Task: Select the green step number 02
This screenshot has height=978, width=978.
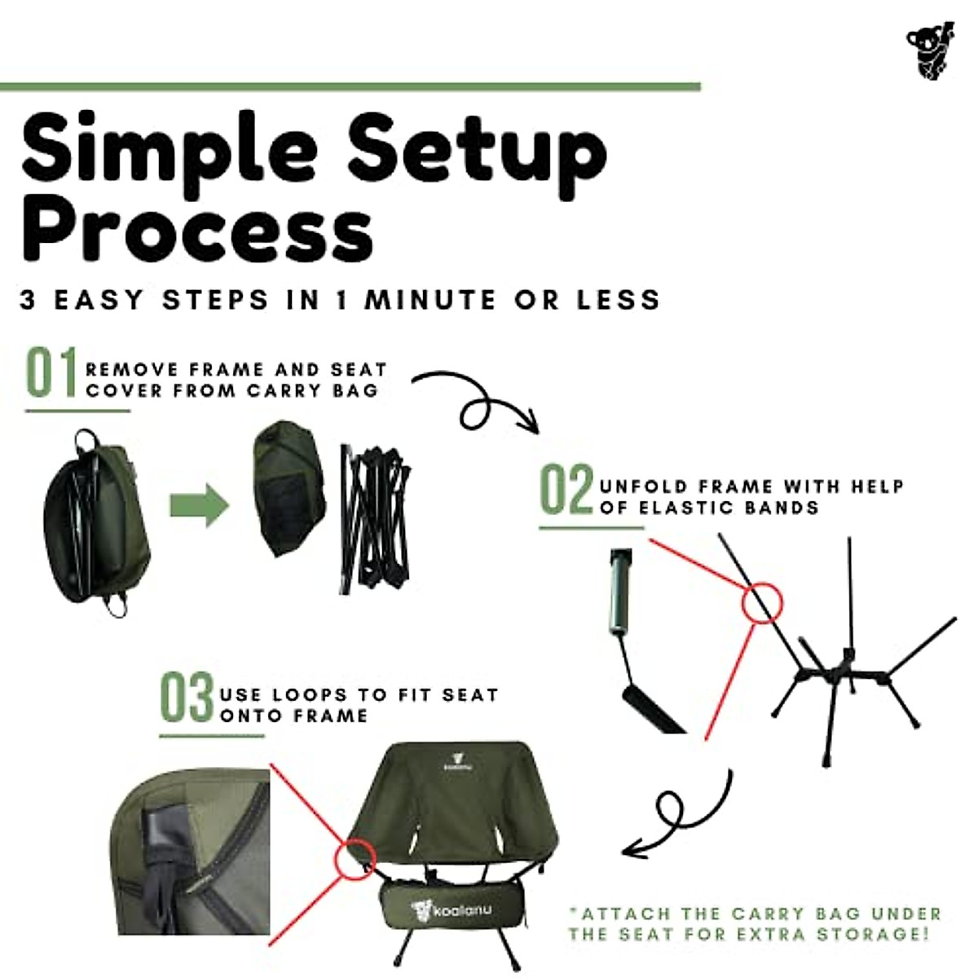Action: (x=566, y=490)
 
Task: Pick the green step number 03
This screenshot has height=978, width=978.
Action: (x=186, y=698)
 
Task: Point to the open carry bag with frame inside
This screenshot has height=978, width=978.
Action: (x=96, y=522)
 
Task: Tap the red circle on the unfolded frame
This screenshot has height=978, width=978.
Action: (x=762, y=604)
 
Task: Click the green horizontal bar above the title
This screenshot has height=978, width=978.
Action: (x=350, y=86)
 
